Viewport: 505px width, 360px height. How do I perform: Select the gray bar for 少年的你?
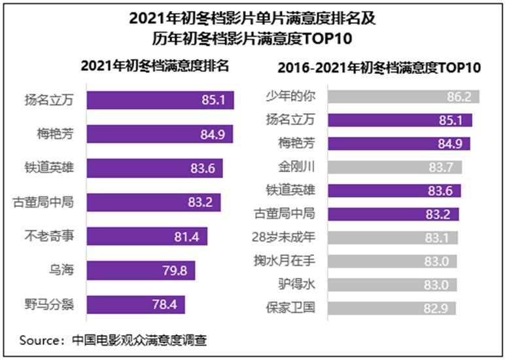click(x=402, y=96)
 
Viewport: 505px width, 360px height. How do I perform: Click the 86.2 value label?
click(x=459, y=96)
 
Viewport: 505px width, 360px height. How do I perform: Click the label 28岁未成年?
click(x=292, y=237)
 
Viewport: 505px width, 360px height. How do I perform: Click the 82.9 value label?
click(x=436, y=308)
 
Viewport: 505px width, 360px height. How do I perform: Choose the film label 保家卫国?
click(x=291, y=308)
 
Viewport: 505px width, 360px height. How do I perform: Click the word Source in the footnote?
click(x=41, y=340)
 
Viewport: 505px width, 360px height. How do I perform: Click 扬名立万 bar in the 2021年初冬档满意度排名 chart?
click(x=160, y=100)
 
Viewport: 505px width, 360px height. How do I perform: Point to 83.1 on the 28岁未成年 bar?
click(x=438, y=237)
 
